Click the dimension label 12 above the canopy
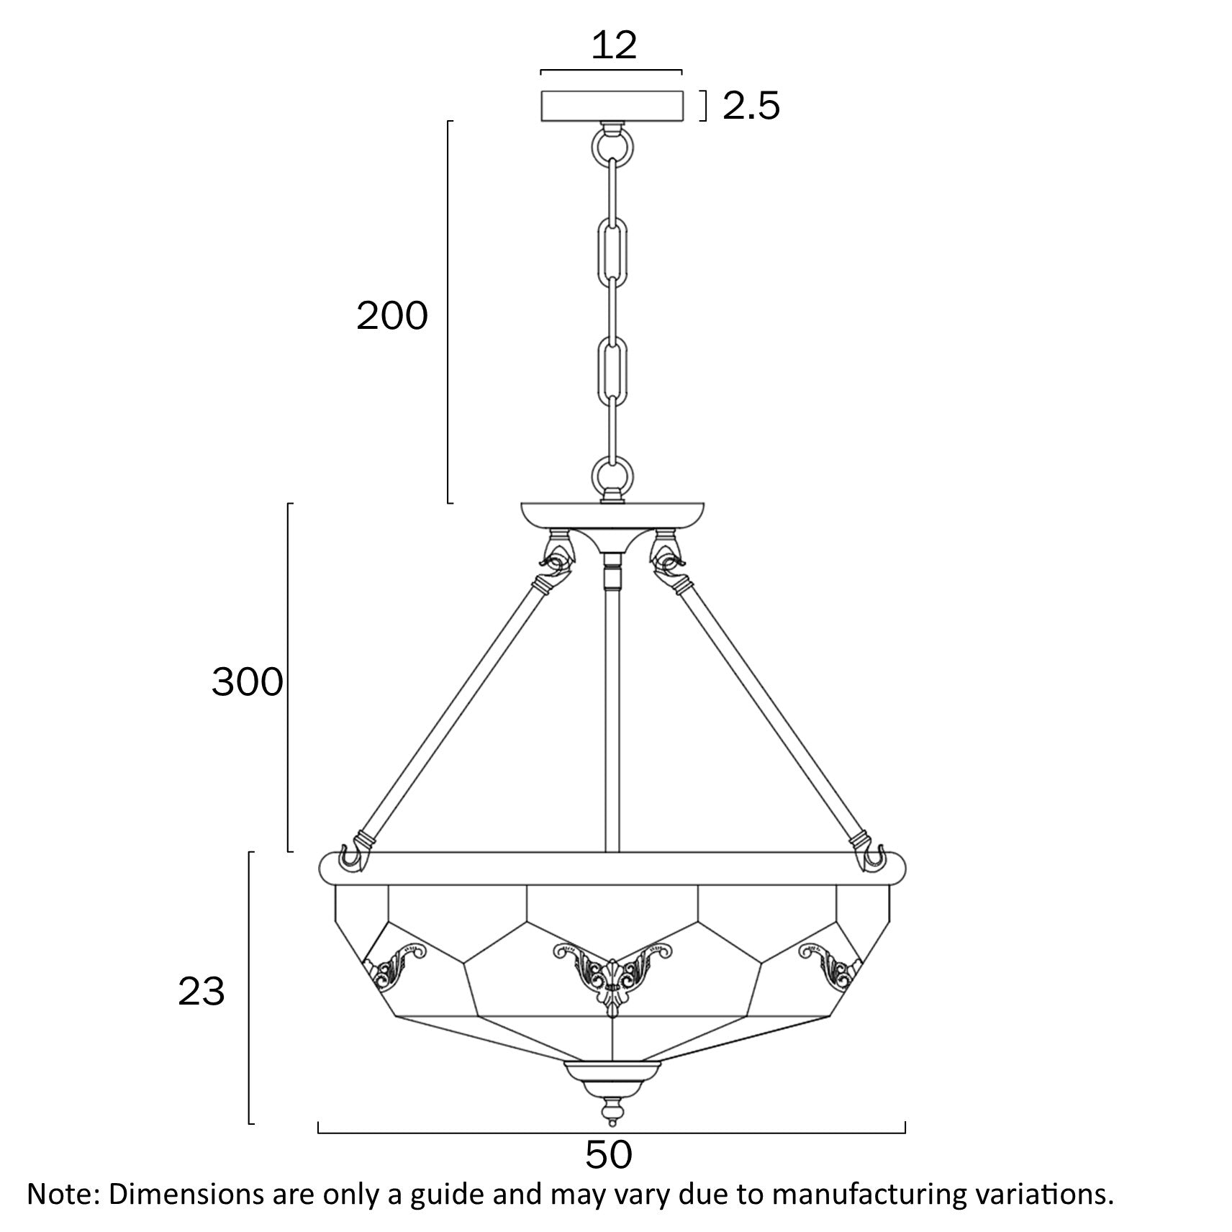(614, 45)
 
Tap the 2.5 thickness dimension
(751, 107)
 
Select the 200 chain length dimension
(392, 316)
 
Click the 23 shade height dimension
(201, 992)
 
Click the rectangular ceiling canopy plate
(612, 105)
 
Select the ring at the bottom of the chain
(612, 476)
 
